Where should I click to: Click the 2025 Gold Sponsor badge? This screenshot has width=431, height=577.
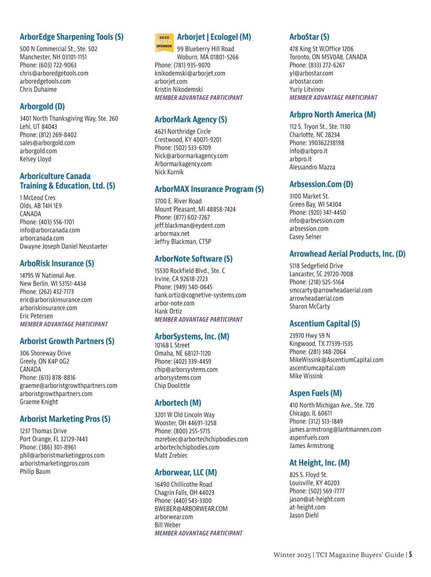click(164, 43)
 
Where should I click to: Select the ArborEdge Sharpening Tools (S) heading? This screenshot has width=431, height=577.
click(71, 37)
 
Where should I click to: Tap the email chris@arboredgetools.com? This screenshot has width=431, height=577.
click(54, 73)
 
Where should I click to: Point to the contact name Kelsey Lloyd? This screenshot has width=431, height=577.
click(36, 159)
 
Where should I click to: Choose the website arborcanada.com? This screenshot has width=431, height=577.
click(42, 238)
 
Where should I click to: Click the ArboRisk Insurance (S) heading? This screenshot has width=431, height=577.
click(57, 263)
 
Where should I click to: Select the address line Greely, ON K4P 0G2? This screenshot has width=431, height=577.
click(45, 361)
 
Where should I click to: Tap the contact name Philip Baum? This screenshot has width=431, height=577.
click(35, 471)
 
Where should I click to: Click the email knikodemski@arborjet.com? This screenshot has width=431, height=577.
click(190, 73)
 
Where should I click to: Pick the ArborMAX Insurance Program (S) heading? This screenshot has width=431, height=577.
click(209, 189)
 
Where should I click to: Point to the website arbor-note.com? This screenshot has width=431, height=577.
click(175, 303)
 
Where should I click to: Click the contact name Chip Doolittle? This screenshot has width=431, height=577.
click(172, 386)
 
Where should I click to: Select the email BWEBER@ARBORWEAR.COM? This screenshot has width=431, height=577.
click(191, 509)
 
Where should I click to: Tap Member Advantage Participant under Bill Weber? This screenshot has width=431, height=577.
click(199, 533)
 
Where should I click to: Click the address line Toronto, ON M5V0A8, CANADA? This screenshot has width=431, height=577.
click(328, 57)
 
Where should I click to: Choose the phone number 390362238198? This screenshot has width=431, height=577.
click(317, 143)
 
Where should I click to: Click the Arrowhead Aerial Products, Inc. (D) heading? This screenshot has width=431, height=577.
click(347, 254)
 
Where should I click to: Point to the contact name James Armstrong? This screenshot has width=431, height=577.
click(311, 446)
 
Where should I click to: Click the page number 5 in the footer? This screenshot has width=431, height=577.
click(410, 555)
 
